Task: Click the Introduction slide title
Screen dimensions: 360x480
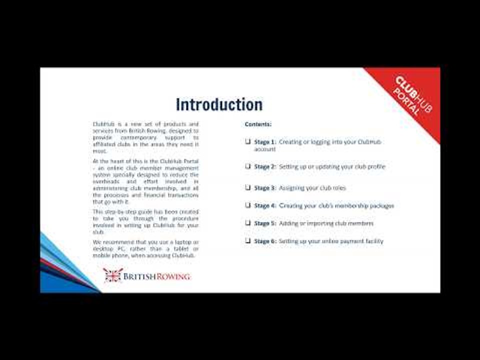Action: pos(219,104)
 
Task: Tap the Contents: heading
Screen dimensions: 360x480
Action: pos(258,124)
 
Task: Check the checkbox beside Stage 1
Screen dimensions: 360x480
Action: pos(247,141)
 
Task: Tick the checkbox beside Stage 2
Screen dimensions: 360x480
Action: pos(247,166)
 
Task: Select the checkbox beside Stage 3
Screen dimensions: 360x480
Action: pos(247,187)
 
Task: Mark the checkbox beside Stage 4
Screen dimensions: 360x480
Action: pos(247,205)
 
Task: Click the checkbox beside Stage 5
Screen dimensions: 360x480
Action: pos(247,223)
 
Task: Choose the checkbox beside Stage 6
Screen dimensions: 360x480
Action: pos(247,240)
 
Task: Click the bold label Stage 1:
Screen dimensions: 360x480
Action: pos(265,142)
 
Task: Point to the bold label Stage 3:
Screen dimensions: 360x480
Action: pos(265,188)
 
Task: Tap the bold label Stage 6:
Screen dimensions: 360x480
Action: pos(265,241)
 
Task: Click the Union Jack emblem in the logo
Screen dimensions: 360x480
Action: pos(112,275)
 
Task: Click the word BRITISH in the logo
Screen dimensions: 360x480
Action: pos(140,276)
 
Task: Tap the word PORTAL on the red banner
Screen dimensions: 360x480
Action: pos(406,102)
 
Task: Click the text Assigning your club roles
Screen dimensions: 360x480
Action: pos(312,188)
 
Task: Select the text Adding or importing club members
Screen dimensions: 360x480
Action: pos(326,223)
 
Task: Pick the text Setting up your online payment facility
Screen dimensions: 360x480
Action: pos(331,241)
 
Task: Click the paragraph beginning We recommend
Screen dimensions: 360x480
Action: pos(145,248)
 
